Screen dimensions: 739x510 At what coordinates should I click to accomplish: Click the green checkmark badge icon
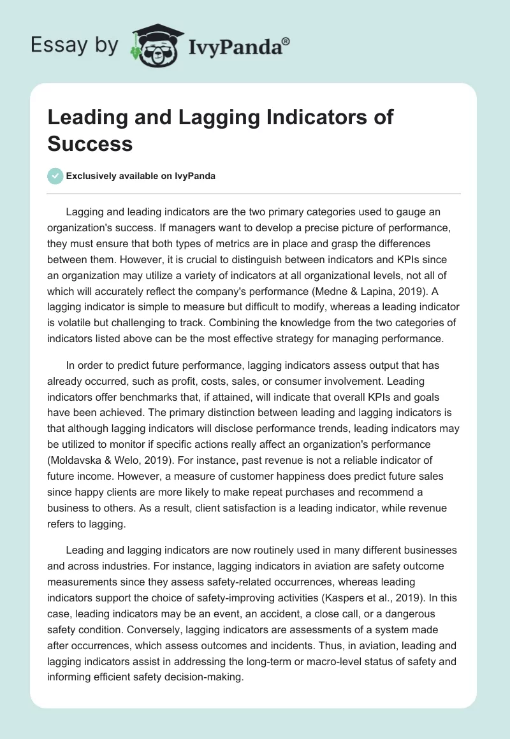click(x=55, y=176)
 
